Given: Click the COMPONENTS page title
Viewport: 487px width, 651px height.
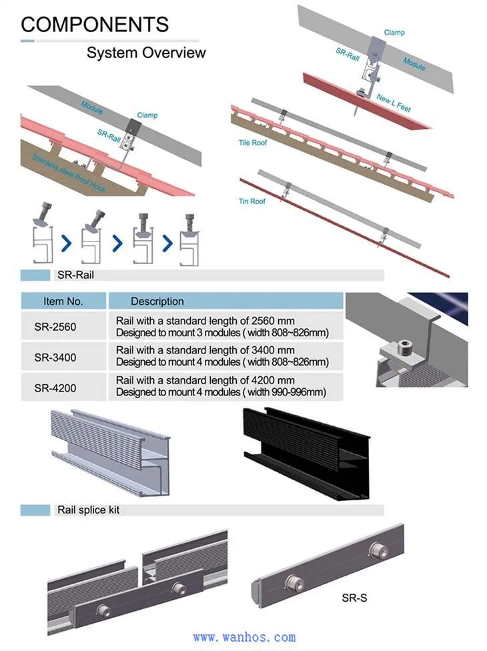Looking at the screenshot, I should point(95,25).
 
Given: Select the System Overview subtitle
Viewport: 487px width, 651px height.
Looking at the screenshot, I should point(146,53).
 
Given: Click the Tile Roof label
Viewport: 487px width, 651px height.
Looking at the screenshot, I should point(252,143).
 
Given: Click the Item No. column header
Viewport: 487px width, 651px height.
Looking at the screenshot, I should point(63,301).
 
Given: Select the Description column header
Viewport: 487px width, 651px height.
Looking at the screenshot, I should point(157,301).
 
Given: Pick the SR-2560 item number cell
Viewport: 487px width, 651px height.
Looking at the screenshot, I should point(55,327).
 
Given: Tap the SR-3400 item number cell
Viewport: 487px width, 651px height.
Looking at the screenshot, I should point(55,358).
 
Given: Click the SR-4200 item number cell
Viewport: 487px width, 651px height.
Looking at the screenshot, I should point(55,388).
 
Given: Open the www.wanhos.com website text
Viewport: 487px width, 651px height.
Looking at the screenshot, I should point(243,638).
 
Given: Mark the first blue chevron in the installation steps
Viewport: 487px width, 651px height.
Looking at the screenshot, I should point(66,244).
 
